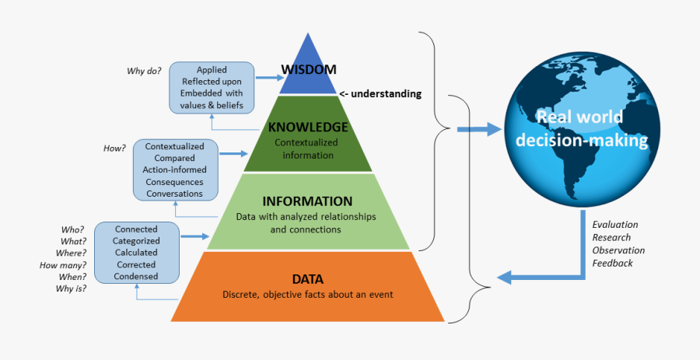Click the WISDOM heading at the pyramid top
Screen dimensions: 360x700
pos(309,69)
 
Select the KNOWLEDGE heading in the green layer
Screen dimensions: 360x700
pos(307,127)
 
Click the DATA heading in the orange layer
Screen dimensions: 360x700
pos(307,278)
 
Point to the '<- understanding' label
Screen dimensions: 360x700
pos(381,93)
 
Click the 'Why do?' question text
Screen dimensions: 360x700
pos(144,72)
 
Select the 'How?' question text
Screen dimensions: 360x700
pos(114,146)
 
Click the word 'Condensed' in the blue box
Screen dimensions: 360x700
pos(136,276)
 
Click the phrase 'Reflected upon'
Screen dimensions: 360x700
pos(212,82)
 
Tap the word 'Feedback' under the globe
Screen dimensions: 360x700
pos(612,263)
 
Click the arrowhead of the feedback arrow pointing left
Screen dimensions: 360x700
pos(504,276)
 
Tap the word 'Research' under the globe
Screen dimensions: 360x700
pos(611,237)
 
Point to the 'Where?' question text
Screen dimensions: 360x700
pos(71,253)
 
